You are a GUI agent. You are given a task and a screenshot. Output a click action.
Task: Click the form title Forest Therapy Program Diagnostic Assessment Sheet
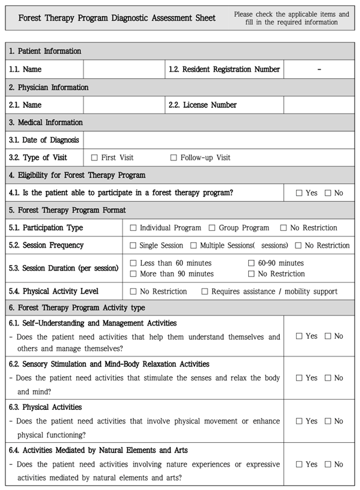pos(117,18)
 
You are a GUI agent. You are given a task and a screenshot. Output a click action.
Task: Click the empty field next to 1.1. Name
pos(124,69)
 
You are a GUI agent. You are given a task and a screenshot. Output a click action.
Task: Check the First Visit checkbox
pos(94,158)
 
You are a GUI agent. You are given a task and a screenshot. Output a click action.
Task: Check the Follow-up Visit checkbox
pos(174,158)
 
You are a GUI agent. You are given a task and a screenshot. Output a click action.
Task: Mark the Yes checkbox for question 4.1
pos(299,193)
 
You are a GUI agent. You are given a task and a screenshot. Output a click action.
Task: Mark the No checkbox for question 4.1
pos(328,193)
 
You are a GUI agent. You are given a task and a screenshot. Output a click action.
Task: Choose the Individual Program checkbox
pos(133,228)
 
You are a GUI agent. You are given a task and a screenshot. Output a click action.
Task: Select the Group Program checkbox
pos(212,228)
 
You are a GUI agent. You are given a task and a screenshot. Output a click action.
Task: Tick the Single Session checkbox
pos(133,245)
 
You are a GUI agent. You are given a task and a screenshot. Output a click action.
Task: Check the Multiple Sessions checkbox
pos(194,245)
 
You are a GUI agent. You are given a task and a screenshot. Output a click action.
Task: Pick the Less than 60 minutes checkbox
pos(133,263)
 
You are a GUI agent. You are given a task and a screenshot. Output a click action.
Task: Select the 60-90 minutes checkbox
pos(252,263)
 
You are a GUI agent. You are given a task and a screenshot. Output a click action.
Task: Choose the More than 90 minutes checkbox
pos(133,274)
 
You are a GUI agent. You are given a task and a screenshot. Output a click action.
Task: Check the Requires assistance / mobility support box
pos(205,292)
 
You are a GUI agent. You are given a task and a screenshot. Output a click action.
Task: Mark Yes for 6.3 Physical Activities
pos(299,421)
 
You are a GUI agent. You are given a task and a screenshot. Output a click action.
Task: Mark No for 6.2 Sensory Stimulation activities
pos(328,378)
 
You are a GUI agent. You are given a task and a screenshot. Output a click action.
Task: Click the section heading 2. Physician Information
pos(49,87)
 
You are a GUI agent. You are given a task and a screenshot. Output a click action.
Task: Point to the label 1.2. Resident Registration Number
pos(224,69)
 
